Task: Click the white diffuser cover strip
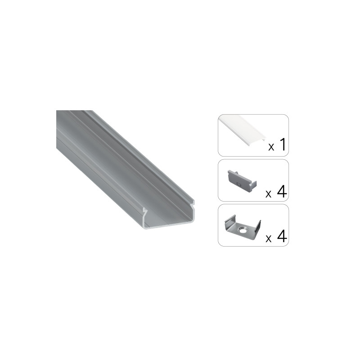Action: (241, 129)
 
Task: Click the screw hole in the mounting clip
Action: (242, 229)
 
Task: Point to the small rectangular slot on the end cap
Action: (238, 184)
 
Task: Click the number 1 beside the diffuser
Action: (283, 144)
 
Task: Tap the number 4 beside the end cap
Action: (282, 192)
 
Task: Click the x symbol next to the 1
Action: (271, 147)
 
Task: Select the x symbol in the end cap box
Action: (268, 194)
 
